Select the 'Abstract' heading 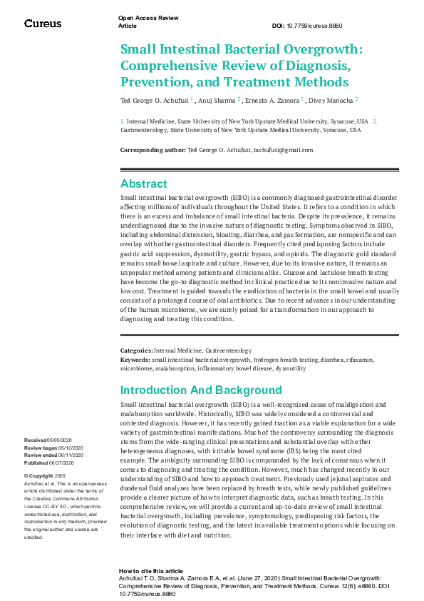(143, 183)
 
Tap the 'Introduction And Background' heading (201, 390)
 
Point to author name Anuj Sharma (218, 100)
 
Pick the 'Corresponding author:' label (152, 150)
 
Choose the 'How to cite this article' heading (151, 571)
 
